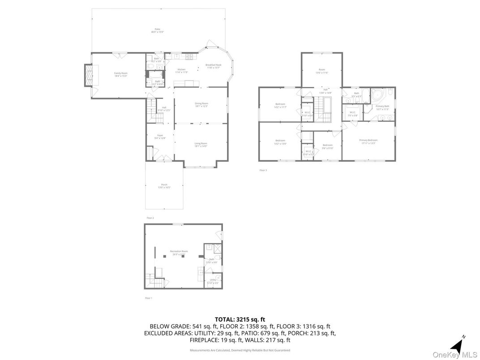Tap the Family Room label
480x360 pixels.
coord(120,74)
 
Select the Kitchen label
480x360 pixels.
coord(181,70)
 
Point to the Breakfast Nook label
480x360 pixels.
coord(213,66)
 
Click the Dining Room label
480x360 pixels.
coord(201,104)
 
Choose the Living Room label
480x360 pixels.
coord(201,145)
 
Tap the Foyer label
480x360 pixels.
coord(160,137)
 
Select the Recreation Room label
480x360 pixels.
coord(179,252)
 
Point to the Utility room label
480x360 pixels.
coord(213,281)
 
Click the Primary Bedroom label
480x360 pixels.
coord(368,141)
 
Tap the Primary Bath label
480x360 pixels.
coord(382,107)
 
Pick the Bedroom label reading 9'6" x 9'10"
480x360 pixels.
coord(328,146)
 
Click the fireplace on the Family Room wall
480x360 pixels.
coord(89,75)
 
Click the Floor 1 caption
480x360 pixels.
coord(149,298)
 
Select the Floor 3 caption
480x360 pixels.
coord(263,170)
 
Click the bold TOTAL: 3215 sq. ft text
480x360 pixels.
coord(240,319)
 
